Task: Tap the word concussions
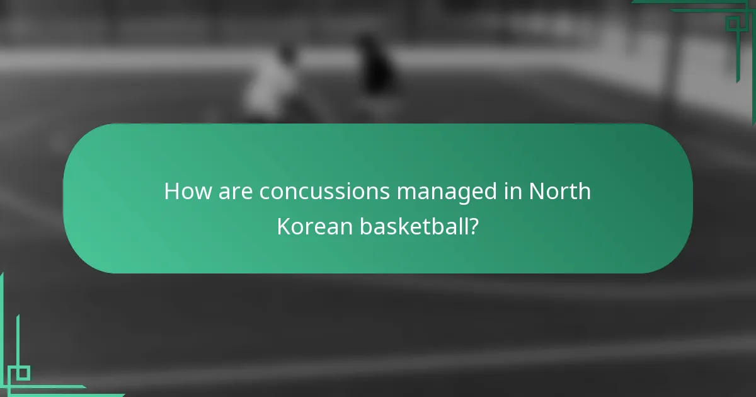pyautogui.click(x=324, y=192)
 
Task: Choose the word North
pyautogui.click(x=559, y=192)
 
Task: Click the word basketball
pyautogui.click(x=414, y=227)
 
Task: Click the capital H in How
pyautogui.click(x=171, y=192)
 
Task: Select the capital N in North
pyautogui.click(x=536, y=192)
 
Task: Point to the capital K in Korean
pyautogui.click(x=283, y=227)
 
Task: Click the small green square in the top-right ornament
pyautogui.click(x=733, y=24)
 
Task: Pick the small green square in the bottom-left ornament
pyautogui.click(x=22, y=373)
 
